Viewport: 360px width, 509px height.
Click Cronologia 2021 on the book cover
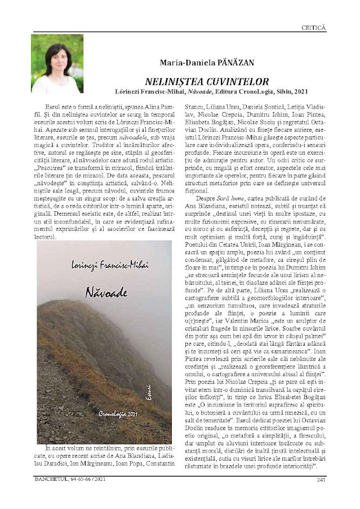[x=118, y=414]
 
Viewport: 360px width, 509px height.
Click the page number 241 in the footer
[x=321, y=480]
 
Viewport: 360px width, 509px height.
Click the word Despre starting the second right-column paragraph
[x=205, y=199]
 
